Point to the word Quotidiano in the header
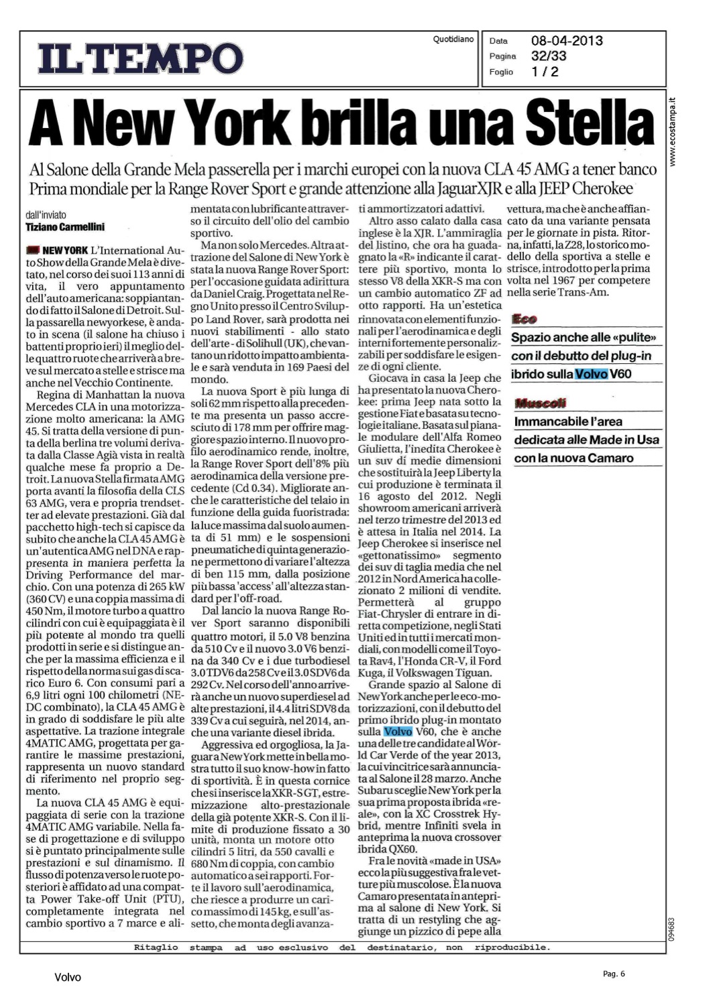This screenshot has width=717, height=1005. click(453, 40)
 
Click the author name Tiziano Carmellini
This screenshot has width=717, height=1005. click(65, 227)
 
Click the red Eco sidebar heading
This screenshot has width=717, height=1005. click(524, 319)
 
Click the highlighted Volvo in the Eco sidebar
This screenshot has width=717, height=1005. click(590, 374)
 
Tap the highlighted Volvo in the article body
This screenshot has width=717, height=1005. click(398, 732)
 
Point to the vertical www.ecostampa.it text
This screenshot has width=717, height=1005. click(673, 131)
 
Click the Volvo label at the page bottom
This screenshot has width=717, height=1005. click(68, 978)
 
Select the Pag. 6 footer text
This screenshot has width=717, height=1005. click(613, 974)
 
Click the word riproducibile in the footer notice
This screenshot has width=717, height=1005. click(512, 947)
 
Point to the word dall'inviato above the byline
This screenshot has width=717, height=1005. click(46, 215)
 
